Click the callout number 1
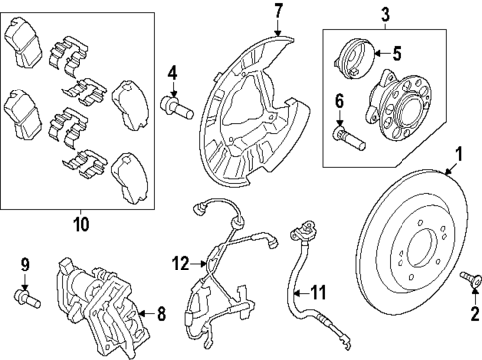(x=459, y=154)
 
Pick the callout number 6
(x=339, y=100)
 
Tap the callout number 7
(x=278, y=12)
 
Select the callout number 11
(x=318, y=294)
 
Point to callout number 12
(x=180, y=263)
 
